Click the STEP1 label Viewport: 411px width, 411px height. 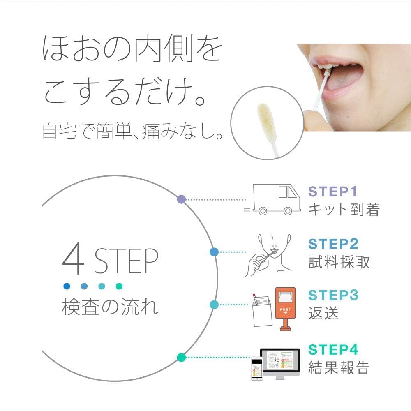pos(333,192)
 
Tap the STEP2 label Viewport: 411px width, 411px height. pos(333,244)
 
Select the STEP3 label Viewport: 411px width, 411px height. pos(333,295)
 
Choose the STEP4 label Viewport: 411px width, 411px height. pos(333,349)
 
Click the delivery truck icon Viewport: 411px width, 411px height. pos(272,199)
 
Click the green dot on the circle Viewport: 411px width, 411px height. pos(180,357)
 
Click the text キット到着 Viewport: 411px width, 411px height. pos(344,210)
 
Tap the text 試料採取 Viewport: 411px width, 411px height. pos(339,262)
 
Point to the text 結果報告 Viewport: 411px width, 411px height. pos(339,367)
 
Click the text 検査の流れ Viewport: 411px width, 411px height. pos(110,307)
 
